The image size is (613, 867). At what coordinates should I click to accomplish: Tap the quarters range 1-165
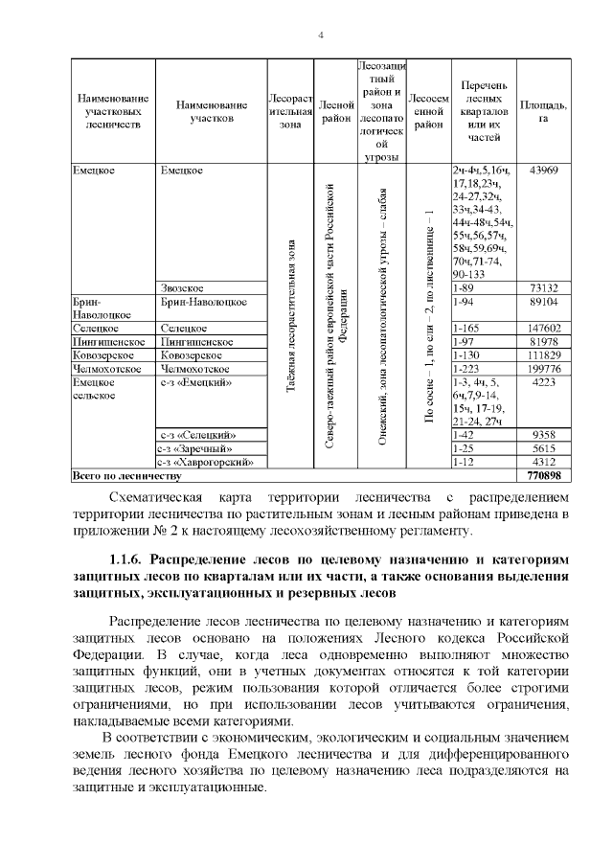point(465,328)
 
